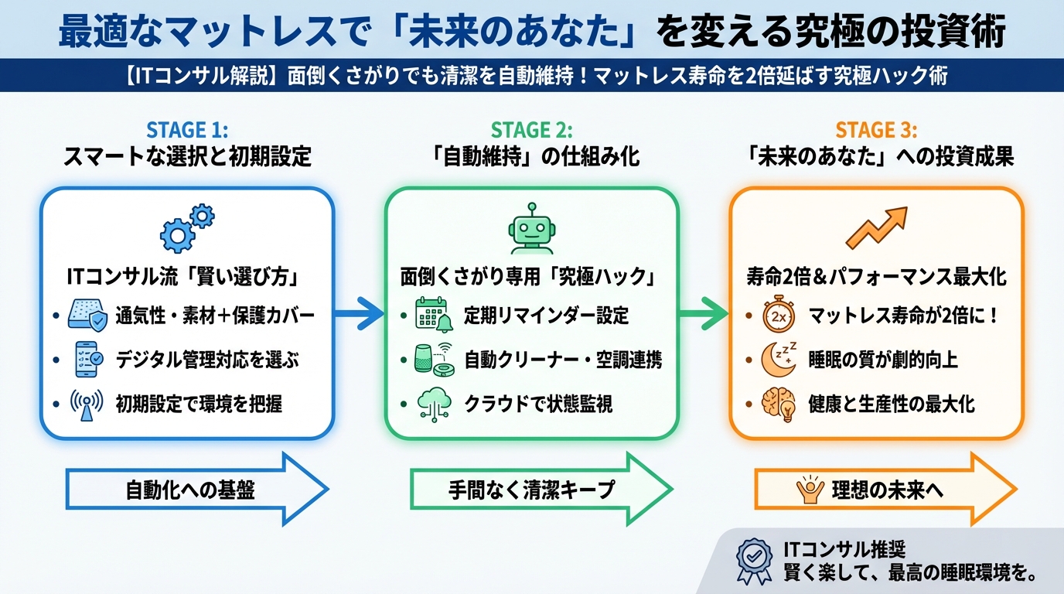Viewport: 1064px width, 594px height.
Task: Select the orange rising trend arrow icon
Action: coord(875,227)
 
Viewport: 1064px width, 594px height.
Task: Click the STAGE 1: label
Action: coord(187,129)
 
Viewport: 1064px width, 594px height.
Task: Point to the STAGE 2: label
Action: coord(532,129)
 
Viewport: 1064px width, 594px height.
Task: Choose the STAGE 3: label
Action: coord(876,129)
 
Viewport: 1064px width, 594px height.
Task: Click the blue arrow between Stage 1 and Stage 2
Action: coord(360,314)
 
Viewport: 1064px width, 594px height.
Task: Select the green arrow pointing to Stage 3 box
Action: coord(704,314)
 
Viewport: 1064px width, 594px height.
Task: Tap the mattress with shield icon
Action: coord(87,316)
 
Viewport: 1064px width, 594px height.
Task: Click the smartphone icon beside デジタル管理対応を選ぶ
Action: coord(87,359)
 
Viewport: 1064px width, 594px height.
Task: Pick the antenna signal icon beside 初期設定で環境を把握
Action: coord(87,403)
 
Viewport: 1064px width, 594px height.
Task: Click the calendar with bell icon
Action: coord(433,316)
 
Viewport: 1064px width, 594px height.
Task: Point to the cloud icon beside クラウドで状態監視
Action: coord(433,403)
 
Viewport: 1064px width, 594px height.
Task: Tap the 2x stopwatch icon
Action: coord(778,316)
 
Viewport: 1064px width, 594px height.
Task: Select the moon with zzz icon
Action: coord(778,359)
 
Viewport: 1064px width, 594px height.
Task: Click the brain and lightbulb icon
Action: coord(778,403)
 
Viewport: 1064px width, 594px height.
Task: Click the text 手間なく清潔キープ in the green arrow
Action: coord(531,490)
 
